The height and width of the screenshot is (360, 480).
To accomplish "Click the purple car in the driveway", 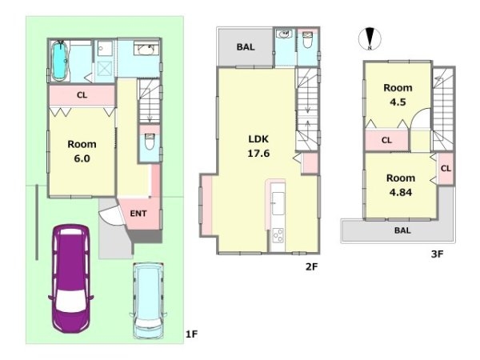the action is (70, 278).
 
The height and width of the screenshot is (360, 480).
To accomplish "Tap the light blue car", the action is (148, 300).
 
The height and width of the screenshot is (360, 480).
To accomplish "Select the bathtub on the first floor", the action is (60, 61).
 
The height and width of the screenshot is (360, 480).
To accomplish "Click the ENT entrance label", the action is (138, 214).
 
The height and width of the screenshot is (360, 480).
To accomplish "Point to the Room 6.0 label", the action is (82, 151).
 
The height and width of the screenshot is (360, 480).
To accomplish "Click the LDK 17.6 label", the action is (258, 146).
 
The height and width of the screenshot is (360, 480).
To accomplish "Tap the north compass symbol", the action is (370, 39).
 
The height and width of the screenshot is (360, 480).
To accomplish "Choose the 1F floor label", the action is (192, 334).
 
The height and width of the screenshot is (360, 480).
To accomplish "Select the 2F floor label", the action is (312, 266).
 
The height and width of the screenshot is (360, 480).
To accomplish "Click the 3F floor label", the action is (437, 254).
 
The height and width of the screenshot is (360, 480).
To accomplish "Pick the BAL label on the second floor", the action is (246, 47).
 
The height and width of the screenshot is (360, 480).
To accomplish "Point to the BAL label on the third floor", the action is (402, 230).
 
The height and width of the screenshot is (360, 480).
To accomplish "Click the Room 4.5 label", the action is (398, 94).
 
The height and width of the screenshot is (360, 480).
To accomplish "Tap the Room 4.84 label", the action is (401, 185).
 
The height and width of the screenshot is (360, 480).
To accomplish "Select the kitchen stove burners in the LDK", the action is (278, 236).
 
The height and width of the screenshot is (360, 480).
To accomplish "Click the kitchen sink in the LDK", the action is (278, 203).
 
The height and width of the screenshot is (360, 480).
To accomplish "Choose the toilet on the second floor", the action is (307, 40).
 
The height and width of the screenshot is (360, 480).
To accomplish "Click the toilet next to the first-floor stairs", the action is (150, 142).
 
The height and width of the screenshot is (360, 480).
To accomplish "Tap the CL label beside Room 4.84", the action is (446, 168).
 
